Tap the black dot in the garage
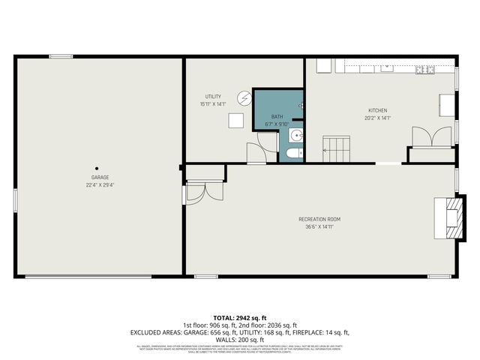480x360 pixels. click(x=96, y=168)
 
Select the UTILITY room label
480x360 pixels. click(x=212, y=97)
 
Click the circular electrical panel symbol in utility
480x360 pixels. click(x=244, y=97)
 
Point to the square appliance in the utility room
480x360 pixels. click(x=236, y=121)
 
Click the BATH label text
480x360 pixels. click(x=277, y=117)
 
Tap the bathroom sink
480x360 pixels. click(x=295, y=136)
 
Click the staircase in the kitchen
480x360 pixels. click(x=337, y=148)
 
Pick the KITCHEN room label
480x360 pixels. click(x=377, y=109)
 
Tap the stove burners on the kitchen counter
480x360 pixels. click(x=425, y=70)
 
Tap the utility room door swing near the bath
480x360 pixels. click(x=267, y=142)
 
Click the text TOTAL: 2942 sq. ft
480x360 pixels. click(x=239, y=318)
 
